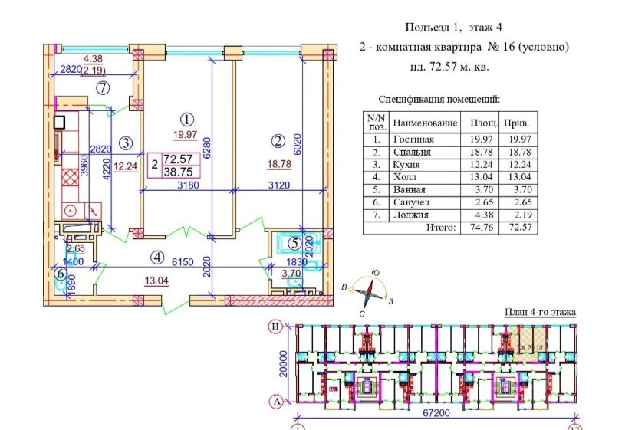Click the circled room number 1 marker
[x=186, y=119]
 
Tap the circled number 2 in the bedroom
[x=278, y=140]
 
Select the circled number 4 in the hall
[x=157, y=257]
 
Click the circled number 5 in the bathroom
[x=294, y=244]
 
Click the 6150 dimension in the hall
[x=181, y=261]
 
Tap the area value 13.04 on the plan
[x=157, y=280]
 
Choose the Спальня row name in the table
[x=412, y=152]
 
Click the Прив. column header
[x=518, y=123]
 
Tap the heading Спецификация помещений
[x=439, y=100]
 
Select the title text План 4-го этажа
[x=539, y=312]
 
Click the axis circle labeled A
[x=274, y=401]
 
